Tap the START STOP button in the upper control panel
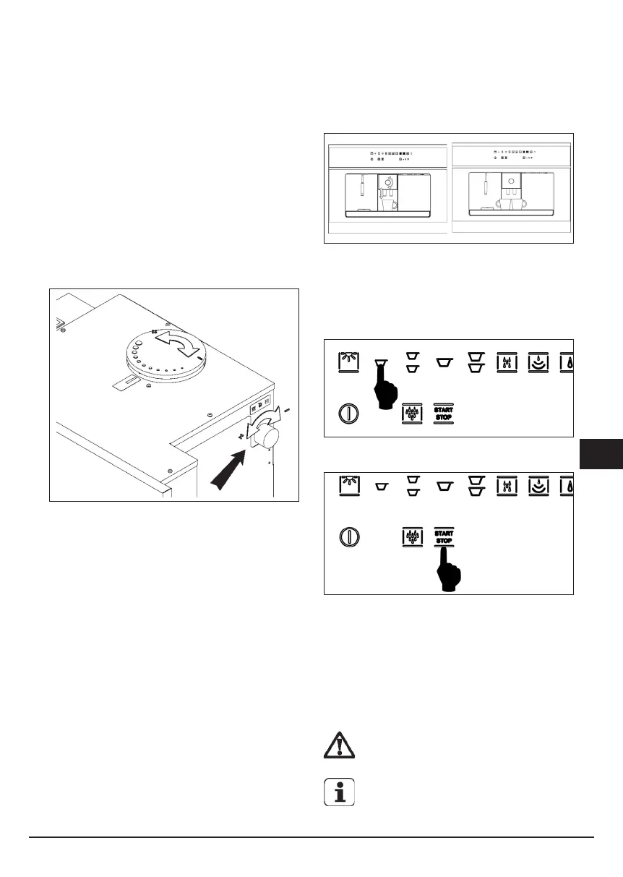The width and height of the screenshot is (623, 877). (x=442, y=413)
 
